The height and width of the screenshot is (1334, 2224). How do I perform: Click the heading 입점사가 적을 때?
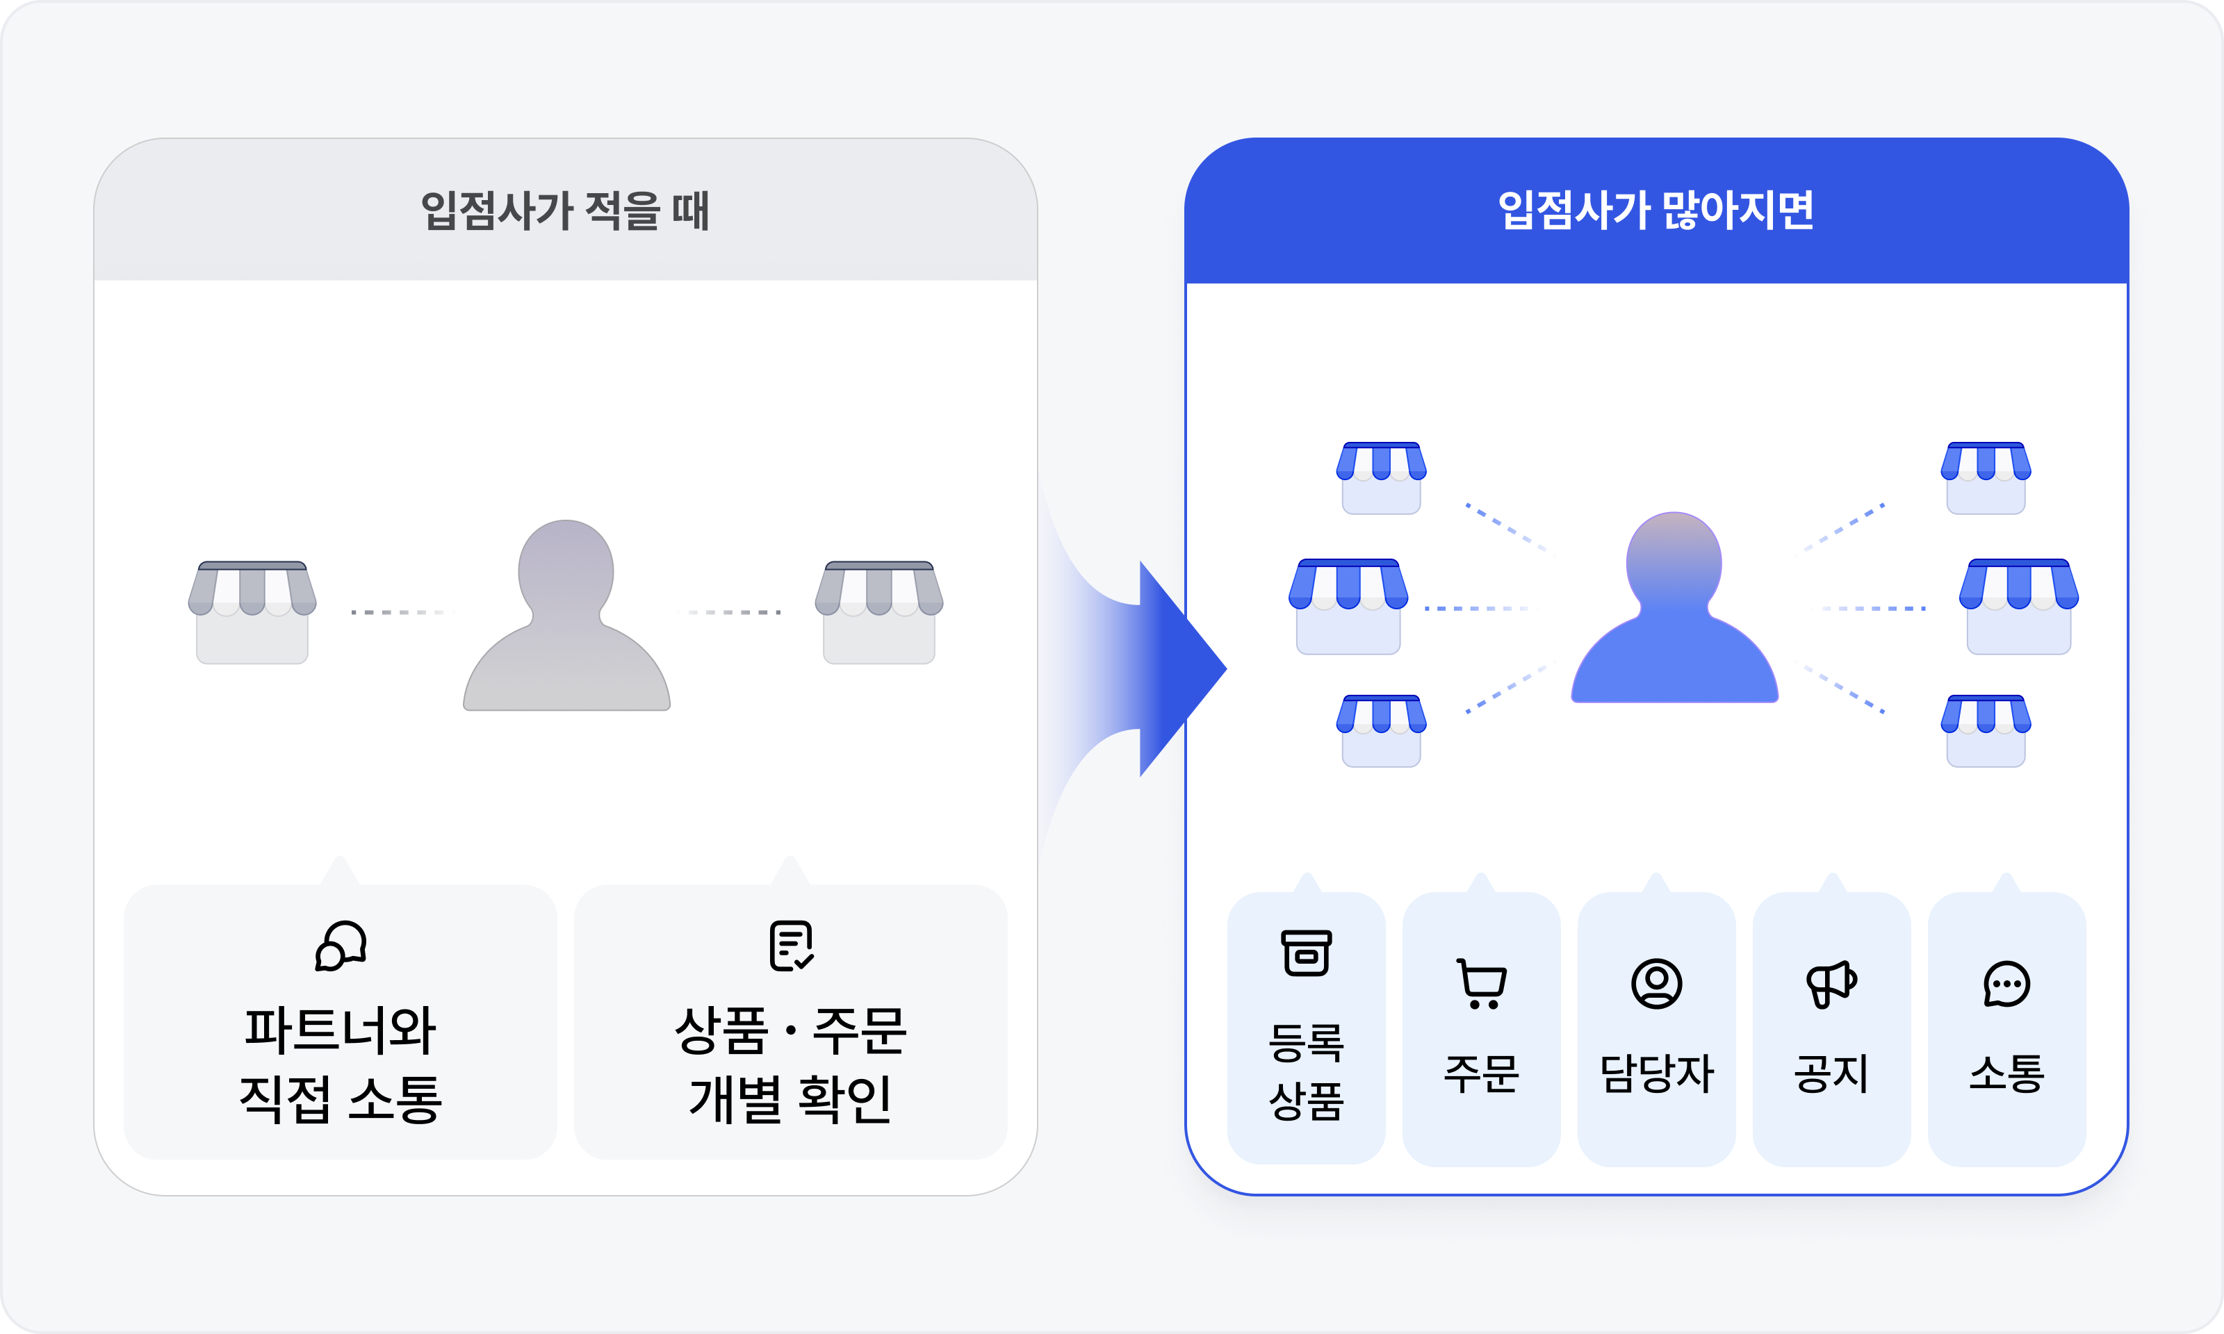pos(566,211)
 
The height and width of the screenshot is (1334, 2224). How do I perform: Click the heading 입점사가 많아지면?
pos(1656,211)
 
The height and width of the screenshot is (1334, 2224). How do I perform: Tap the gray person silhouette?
pos(566,615)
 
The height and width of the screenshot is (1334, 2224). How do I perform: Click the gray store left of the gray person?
pos(252,612)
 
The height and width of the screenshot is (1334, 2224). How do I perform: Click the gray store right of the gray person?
pos(878,612)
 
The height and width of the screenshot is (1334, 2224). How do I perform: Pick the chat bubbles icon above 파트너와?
pos(341,946)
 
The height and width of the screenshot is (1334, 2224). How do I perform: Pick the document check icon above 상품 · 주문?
pos(791,946)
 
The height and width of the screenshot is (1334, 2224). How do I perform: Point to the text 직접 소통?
pos(341,1098)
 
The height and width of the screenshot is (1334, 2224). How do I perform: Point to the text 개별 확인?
pos(791,1098)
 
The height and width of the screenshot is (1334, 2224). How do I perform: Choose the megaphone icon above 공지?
pos(1831,983)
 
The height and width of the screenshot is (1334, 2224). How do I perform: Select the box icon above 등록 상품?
pos(1306,953)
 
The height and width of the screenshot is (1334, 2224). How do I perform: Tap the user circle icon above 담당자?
pos(1656,983)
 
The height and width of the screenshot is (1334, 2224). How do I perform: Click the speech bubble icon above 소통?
pos(2006,983)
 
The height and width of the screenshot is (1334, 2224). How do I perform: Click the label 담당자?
pos(1656,1073)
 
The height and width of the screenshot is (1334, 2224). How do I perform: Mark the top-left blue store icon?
pos(1381,477)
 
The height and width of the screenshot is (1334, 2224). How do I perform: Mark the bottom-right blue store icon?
pos(1986,730)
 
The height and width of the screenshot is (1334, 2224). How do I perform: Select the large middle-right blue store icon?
pos(2019,607)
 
